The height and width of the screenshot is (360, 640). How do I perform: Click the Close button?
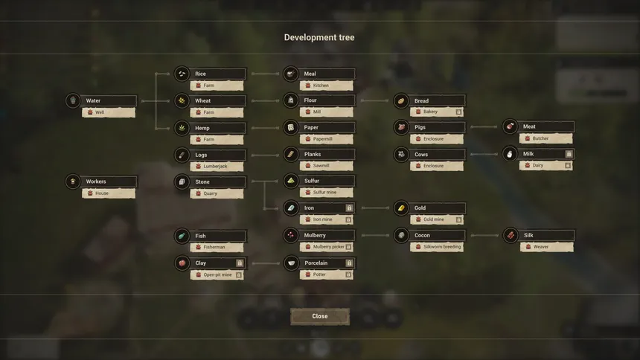[319, 316]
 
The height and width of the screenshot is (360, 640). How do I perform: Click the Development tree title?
[319, 37]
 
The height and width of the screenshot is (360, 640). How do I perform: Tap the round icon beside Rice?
[182, 74]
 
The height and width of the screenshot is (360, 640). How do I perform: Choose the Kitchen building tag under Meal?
[327, 86]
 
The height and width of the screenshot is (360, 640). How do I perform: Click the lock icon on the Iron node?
[349, 208]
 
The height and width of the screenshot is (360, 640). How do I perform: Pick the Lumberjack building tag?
[217, 166]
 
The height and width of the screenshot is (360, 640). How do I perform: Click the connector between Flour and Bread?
[374, 100]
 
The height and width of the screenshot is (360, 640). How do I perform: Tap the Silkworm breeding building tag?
[437, 247]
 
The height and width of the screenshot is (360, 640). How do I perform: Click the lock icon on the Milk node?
[569, 154]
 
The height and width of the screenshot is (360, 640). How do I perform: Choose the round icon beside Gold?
[401, 208]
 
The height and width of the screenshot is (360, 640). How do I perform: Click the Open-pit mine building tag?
[217, 274]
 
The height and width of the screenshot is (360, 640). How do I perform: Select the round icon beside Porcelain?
[292, 263]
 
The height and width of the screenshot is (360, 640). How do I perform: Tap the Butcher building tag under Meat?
[545, 138]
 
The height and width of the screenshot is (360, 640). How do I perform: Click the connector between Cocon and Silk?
[484, 236]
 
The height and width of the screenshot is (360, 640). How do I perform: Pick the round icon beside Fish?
[182, 236]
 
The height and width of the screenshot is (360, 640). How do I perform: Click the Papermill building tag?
[327, 139]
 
